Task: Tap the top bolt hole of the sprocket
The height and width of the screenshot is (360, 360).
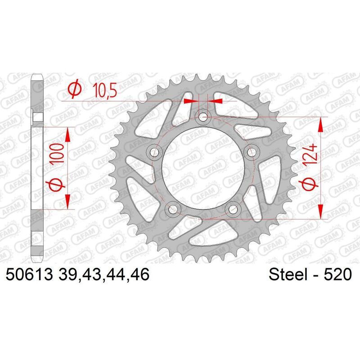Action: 203,117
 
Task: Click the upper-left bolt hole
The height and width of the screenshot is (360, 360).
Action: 156,152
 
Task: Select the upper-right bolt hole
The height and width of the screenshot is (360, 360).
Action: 251,152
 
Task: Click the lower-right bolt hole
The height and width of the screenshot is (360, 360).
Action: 233,208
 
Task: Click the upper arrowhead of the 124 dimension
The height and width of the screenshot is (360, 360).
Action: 321,124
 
